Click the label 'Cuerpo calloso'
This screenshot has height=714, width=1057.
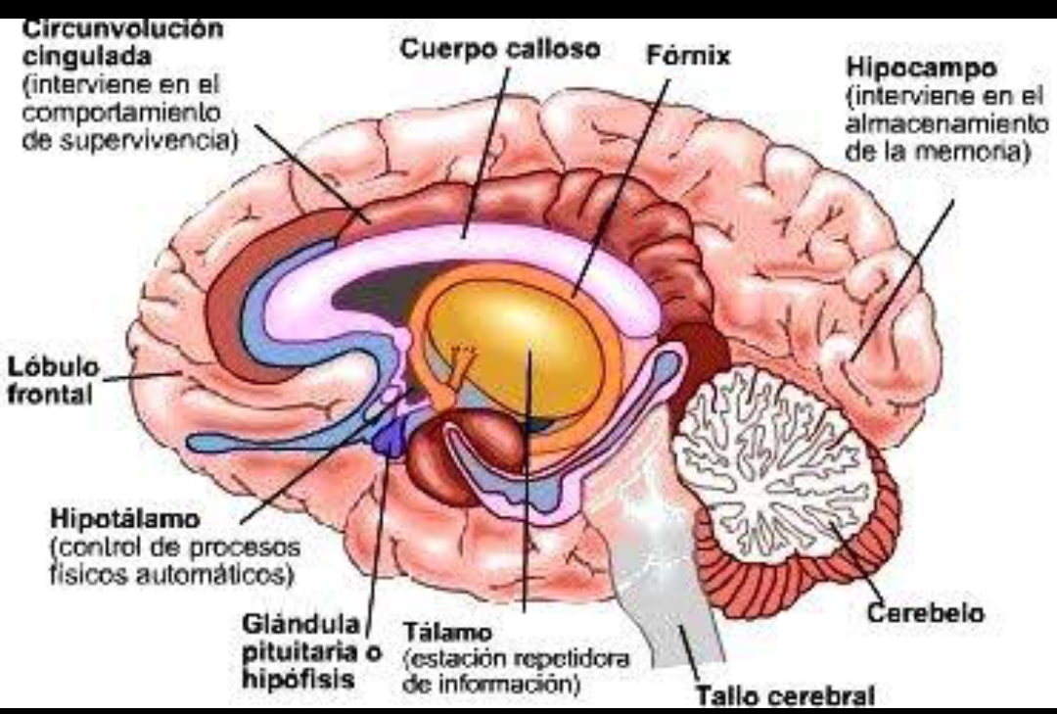[500, 50]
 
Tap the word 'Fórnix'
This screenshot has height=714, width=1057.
[689, 56]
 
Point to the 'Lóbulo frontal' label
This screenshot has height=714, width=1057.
[54, 381]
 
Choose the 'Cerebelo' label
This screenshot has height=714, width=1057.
[926, 613]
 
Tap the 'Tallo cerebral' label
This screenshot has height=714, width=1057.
[784, 696]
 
